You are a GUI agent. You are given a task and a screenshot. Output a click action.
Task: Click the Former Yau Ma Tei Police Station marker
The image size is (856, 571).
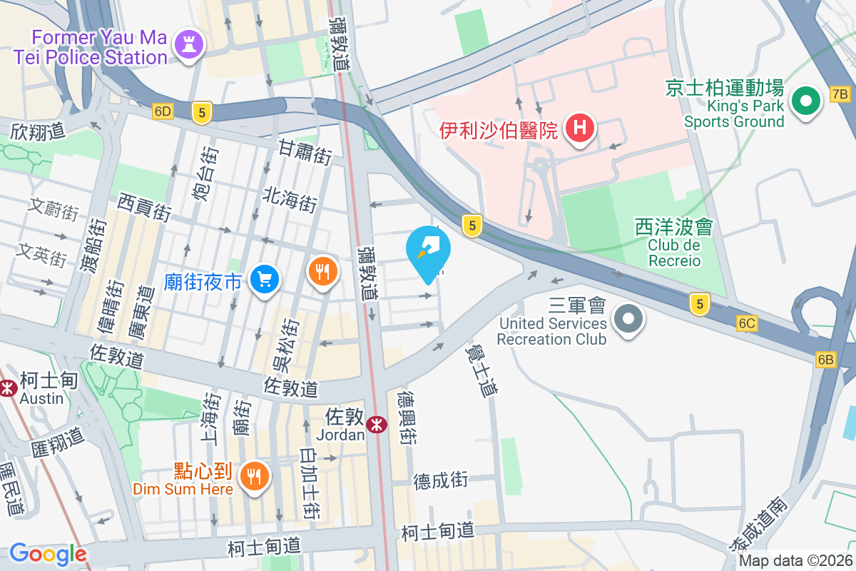(x=189, y=44)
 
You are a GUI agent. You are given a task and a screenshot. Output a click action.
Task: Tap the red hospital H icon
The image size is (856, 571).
(x=579, y=128)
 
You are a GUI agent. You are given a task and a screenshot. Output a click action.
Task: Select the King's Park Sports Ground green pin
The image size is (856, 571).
(x=805, y=102)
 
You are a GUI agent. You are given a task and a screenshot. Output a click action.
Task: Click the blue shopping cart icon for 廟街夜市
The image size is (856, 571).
(x=265, y=280)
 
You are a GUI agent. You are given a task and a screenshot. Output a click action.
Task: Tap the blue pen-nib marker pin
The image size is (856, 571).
(x=428, y=252)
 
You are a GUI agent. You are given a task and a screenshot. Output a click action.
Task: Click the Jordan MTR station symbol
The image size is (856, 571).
(x=376, y=425)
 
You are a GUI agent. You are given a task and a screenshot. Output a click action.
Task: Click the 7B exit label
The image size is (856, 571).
(x=840, y=94)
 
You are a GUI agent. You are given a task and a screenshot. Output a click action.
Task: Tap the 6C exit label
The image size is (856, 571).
(x=747, y=323)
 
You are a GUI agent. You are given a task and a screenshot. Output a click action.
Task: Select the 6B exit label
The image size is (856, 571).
(x=825, y=359)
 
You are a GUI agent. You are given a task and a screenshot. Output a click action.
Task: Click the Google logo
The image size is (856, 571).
(x=48, y=554)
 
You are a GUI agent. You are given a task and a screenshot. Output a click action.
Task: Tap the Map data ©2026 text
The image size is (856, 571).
(x=795, y=560)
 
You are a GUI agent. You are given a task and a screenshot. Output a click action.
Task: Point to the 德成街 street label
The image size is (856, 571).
(x=441, y=480)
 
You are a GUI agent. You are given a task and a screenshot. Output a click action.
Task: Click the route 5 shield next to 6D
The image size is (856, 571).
(x=203, y=112)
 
